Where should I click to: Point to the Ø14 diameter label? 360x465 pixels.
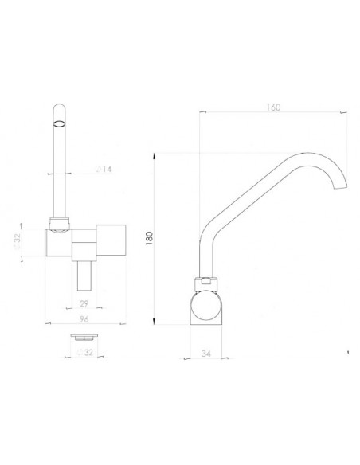point(80,170)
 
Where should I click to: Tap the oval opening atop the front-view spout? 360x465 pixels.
point(58,123)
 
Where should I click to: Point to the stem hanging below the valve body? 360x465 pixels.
point(84,275)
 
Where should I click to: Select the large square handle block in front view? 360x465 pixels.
point(112,240)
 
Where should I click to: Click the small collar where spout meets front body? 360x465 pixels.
point(58,223)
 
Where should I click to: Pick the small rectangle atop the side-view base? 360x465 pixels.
point(205,279)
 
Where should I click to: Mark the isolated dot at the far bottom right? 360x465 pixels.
point(347,350)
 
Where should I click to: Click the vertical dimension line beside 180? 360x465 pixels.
point(155,239)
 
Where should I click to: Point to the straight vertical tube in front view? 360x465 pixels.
point(58,167)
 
